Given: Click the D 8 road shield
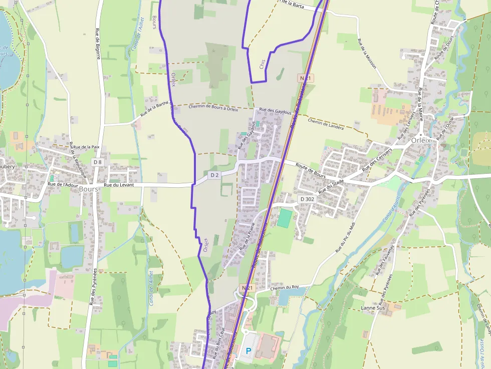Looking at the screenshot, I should pyautogui.click(x=97, y=162).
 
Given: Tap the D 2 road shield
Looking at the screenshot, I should pyautogui.click(x=214, y=175).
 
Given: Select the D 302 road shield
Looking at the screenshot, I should pyautogui.click(x=308, y=199).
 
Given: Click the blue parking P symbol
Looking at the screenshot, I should pyautogui.click(x=248, y=351).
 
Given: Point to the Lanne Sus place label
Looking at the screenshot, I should pyautogui.click(x=372, y=308).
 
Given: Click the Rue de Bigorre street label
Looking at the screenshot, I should pyautogui.click(x=98, y=44).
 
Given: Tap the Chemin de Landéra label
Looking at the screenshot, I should pyautogui.click(x=326, y=124).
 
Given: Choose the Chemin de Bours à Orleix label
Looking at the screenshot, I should pyautogui.click(x=213, y=107).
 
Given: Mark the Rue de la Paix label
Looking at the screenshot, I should pyautogui.click(x=86, y=147).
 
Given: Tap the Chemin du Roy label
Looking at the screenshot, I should pyautogui.click(x=284, y=287).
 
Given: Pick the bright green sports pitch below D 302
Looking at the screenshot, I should pyautogui.click(x=284, y=219).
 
